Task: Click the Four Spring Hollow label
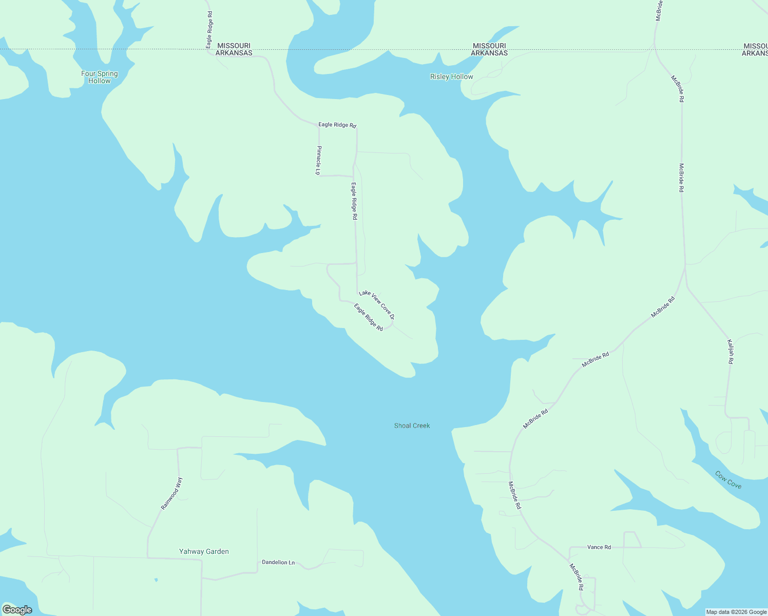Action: tap(100, 77)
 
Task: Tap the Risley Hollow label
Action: tap(452, 77)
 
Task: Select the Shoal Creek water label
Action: tap(412, 426)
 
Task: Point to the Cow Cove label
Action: tap(728, 480)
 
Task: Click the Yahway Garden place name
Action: tap(204, 551)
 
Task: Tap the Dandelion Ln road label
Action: tap(278, 563)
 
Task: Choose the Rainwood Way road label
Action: tap(171, 494)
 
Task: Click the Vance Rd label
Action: tap(599, 547)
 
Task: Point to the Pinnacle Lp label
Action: tap(318, 160)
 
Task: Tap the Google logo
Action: tap(17, 610)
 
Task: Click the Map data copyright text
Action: tap(736, 612)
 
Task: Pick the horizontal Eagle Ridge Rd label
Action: tap(337, 125)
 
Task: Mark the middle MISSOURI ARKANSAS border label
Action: tap(489, 49)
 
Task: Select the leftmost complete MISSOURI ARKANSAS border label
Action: tap(234, 49)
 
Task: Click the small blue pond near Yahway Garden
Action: tap(156, 580)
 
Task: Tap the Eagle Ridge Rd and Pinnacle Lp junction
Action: tap(319, 125)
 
